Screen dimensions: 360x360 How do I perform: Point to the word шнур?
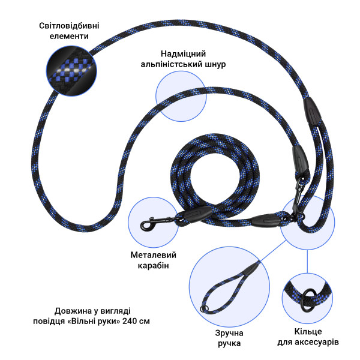click(215, 64)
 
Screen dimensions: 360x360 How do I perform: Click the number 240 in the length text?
click(130, 321)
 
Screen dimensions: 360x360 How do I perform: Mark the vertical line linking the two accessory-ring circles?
click(307, 261)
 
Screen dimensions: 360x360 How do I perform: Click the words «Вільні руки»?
click(95, 321)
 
